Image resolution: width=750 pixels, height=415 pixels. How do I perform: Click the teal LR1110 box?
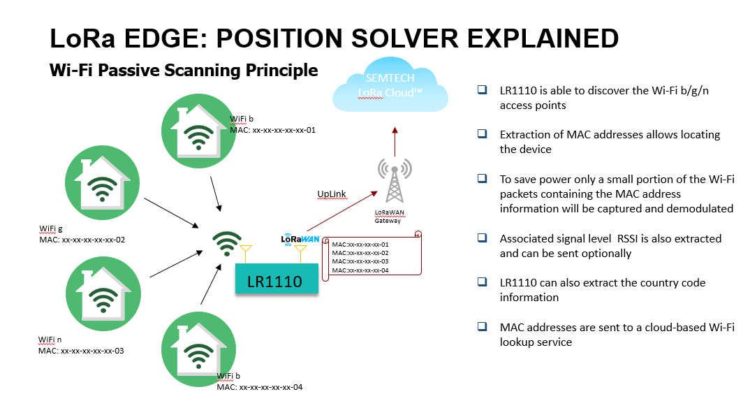pyautogui.click(x=275, y=282)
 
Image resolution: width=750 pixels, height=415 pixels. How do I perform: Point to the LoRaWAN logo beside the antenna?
pyautogui.click(x=300, y=238)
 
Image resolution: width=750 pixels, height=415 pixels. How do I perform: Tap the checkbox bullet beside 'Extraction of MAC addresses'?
pyautogui.click(x=482, y=133)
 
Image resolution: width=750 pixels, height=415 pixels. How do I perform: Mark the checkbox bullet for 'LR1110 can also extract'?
pyautogui.click(x=482, y=282)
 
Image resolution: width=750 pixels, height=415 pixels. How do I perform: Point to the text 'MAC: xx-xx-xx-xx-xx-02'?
pyautogui.click(x=82, y=240)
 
